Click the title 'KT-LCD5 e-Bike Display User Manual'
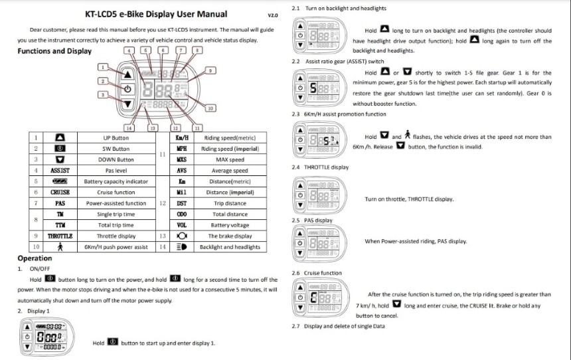pyautogui.click(x=156, y=14)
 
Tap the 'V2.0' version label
pyautogui.click(x=272, y=15)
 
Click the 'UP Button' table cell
pyautogui.click(x=116, y=137)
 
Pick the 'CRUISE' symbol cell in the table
pyautogui.click(x=60, y=192)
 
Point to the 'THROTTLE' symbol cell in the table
pyautogui.click(x=60, y=236)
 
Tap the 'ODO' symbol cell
pyautogui.click(x=181, y=214)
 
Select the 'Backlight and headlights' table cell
pyautogui.click(x=230, y=246)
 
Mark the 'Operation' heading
pyautogui.click(x=34, y=258)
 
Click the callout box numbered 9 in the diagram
pyautogui.click(x=210, y=70)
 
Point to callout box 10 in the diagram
pyautogui.click(x=210, y=108)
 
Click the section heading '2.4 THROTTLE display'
pyautogui.click(x=320, y=167)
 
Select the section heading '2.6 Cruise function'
pyautogui.click(x=317, y=273)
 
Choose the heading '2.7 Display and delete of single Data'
pyautogui.click(x=338, y=326)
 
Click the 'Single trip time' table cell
pyautogui.click(x=116, y=214)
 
